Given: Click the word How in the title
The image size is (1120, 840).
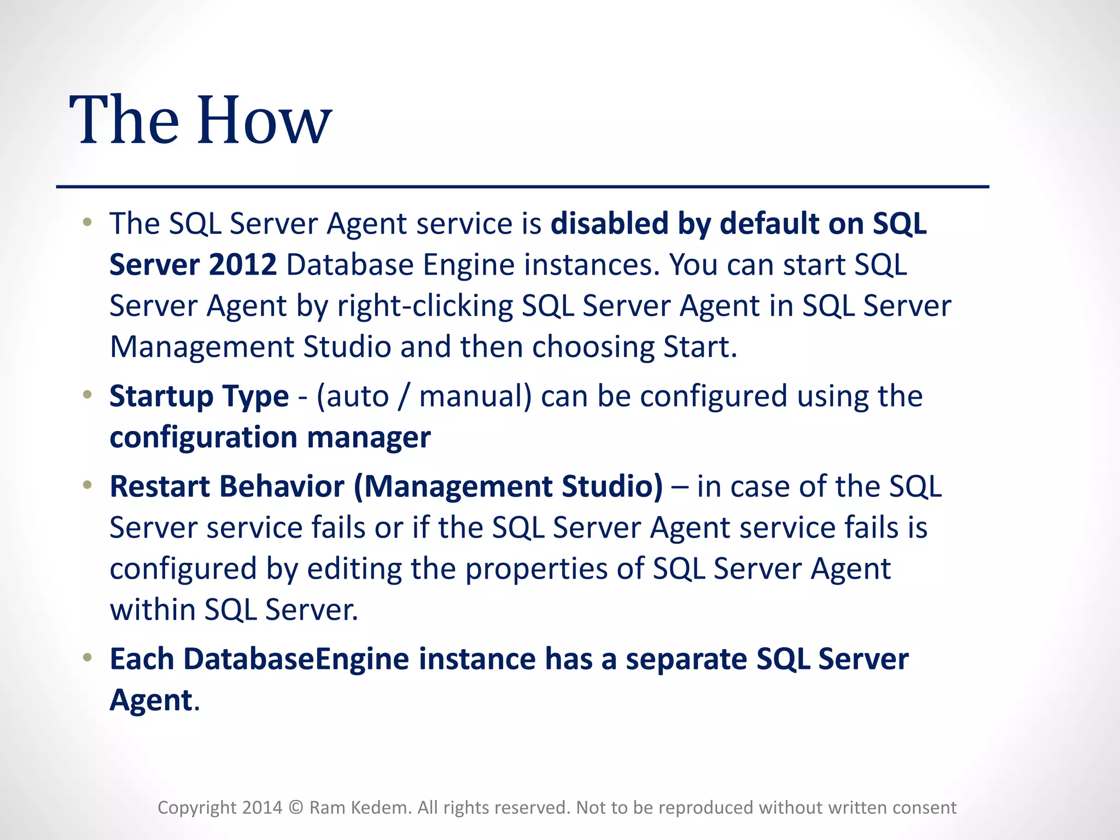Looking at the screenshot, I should [264, 120].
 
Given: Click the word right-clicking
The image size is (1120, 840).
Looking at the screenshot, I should [425, 306].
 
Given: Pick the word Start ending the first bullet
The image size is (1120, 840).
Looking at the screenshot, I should [699, 347].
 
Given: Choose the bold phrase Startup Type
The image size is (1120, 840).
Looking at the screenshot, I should [199, 396].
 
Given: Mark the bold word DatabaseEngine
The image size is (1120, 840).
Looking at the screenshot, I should [296, 659].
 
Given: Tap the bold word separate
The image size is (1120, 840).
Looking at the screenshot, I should [686, 659].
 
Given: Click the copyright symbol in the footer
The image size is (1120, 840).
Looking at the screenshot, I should [295, 808].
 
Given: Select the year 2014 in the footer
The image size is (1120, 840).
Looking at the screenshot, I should [262, 808].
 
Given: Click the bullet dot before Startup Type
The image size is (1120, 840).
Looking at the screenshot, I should [87, 395].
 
